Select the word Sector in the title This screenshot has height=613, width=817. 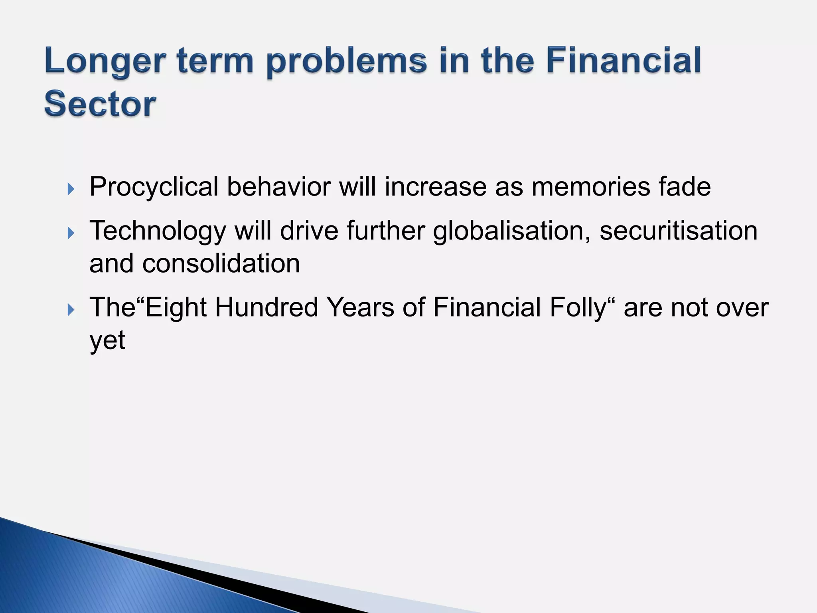(100, 105)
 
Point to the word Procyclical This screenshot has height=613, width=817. (154, 187)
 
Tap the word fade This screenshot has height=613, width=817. (685, 187)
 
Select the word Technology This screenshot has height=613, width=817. (158, 231)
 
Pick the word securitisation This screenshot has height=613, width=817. (678, 231)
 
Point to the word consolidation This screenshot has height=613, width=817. (221, 264)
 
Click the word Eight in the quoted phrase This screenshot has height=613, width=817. (176, 308)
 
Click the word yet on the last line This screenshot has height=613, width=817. (107, 340)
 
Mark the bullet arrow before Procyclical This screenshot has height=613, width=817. (71, 188)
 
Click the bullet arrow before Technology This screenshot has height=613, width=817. (71, 232)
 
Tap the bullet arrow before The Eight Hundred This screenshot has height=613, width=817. (71, 309)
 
